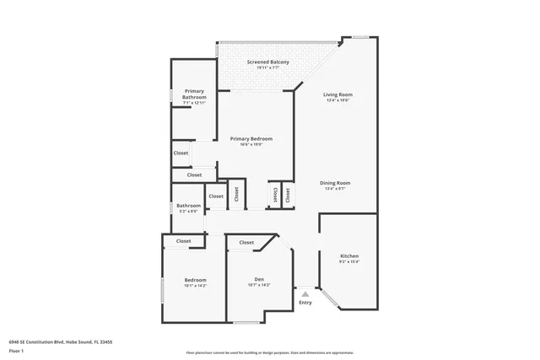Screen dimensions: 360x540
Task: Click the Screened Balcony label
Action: [268, 62]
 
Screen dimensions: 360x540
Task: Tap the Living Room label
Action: [337, 94]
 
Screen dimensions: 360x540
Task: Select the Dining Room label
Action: [335, 183]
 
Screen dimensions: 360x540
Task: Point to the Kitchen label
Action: [349, 255]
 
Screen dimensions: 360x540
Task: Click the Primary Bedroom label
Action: [251, 138]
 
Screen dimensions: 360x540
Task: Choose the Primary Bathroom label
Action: [194, 94]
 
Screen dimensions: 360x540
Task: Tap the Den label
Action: [260, 279]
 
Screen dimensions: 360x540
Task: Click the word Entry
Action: [305, 303]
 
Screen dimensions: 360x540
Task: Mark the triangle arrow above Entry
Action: [305, 294]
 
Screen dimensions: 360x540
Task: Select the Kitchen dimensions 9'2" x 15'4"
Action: [349, 262]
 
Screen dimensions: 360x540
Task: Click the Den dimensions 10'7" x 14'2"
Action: [260, 286]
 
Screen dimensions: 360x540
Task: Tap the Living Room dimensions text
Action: [337, 101]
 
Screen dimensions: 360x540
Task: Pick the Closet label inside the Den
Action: [246, 243]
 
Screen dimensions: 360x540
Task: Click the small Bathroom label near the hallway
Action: [188, 206]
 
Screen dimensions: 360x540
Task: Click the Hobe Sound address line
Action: [61, 341]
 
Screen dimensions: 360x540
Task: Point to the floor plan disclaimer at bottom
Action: [270, 352]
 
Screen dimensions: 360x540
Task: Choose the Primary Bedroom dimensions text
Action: [251, 145]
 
